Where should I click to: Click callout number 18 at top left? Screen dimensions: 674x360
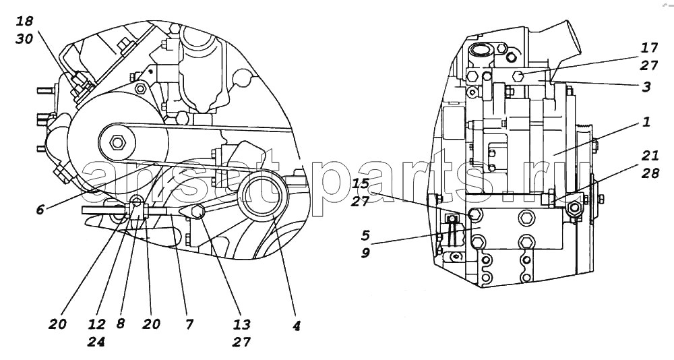25,21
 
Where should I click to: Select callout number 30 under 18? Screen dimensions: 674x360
24,38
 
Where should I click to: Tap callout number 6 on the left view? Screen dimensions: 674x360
40,210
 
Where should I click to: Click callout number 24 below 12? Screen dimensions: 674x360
96,342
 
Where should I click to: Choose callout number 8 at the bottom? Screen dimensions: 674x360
121,324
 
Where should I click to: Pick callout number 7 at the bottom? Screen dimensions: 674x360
189,324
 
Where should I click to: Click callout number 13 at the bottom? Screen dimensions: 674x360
242,324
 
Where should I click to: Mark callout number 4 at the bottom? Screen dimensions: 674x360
296,326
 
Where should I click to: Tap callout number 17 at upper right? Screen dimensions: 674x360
649,47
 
